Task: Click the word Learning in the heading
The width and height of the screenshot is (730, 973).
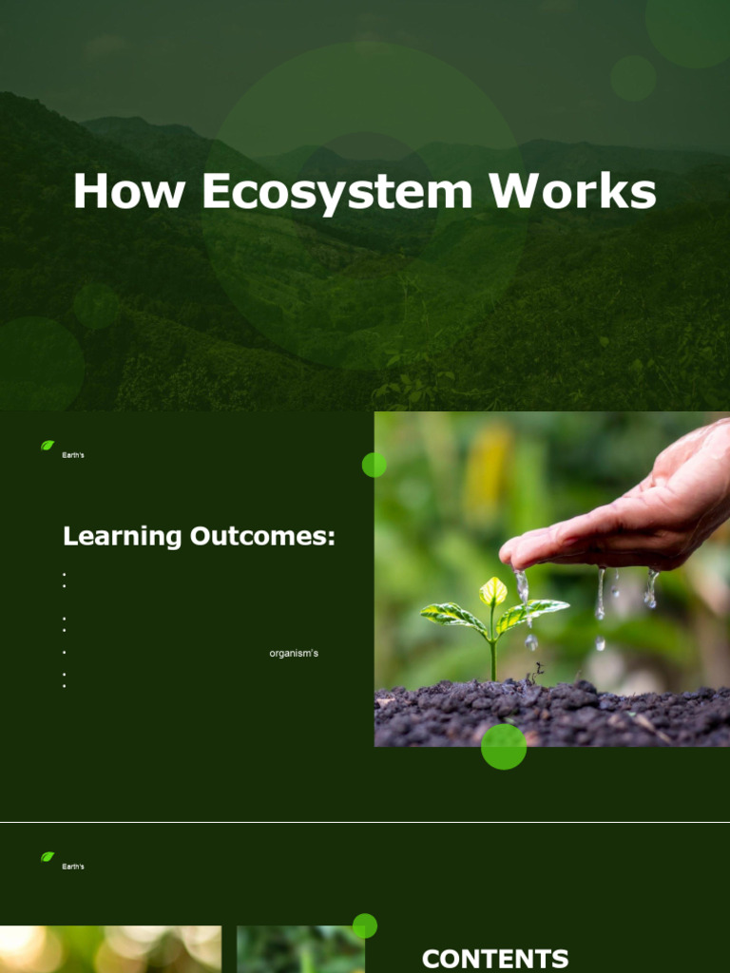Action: [x=122, y=537]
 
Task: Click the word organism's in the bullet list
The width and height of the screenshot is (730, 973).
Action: [x=294, y=654]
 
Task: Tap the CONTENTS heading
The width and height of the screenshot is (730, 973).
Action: [x=495, y=959]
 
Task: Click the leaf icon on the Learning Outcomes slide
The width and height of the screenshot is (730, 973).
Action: [x=48, y=445]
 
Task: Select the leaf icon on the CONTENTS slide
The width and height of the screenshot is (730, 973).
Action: [x=48, y=856]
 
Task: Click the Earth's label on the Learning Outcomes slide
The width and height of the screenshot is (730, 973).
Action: [x=73, y=456]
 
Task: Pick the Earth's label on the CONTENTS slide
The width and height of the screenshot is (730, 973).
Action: [x=73, y=868]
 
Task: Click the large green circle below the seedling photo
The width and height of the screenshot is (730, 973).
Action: [x=504, y=746]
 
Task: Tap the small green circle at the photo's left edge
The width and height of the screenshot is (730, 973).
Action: [x=375, y=465]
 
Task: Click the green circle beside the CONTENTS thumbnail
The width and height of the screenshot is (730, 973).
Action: [x=365, y=925]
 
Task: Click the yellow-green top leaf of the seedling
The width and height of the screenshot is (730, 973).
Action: [x=493, y=591]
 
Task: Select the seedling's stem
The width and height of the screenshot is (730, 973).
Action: [x=493, y=656]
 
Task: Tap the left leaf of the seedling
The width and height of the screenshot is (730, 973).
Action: [x=452, y=616]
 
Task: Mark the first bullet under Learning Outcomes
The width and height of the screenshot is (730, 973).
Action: [x=64, y=575]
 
